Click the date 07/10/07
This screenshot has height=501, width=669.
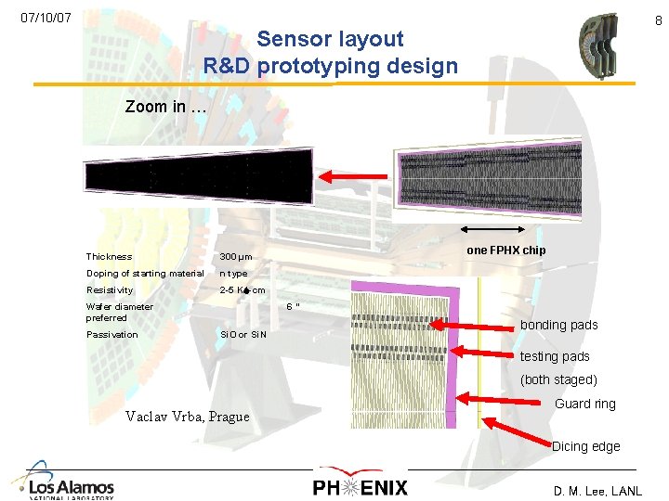pyautogui.click(x=46, y=18)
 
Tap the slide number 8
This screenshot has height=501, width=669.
pyautogui.click(x=659, y=19)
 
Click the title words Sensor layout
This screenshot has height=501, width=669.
pyautogui.click(x=330, y=39)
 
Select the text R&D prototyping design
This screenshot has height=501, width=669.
pyautogui.click(x=331, y=67)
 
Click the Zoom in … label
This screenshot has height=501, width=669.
pyautogui.click(x=165, y=107)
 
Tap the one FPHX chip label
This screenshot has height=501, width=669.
pyautogui.click(x=505, y=250)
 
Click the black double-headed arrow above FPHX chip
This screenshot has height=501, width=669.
pyautogui.click(x=492, y=231)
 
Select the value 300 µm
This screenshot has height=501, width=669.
pyautogui.click(x=235, y=257)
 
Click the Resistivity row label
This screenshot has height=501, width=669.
pyautogui.click(x=110, y=290)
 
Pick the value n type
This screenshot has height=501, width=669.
pyautogui.click(x=233, y=274)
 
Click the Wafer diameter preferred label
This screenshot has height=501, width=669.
pyautogui.click(x=119, y=312)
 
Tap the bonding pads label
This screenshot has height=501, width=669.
pyautogui.click(x=558, y=325)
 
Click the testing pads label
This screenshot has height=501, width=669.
pyautogui.click(x=555, y=356)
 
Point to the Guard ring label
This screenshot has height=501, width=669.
pyautogui.click(x=584, y=404)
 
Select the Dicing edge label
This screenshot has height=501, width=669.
pyautogui.click(x=585, y=446)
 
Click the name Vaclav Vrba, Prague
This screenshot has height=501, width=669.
pyautogui.click(x=187, y=417)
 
